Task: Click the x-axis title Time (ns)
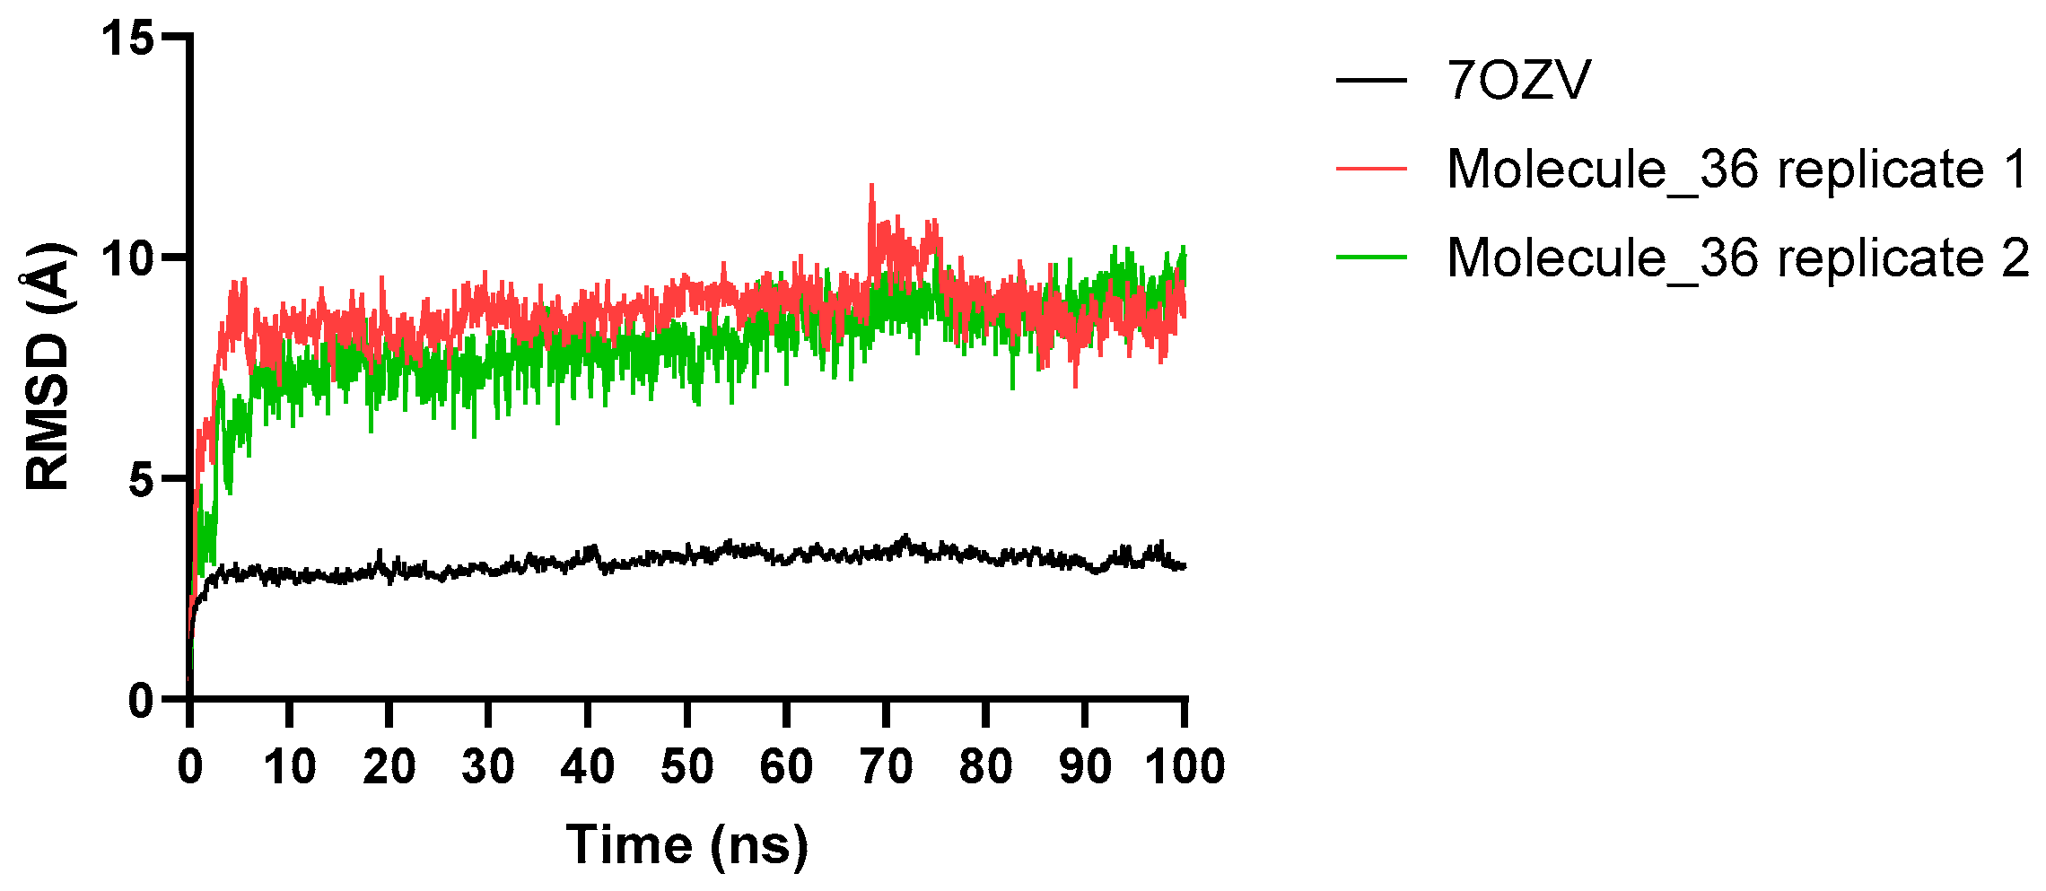[686, 846]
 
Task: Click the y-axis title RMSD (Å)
[47, 367]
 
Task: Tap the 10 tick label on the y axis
[127, 258]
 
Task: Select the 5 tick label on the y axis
[141, 480]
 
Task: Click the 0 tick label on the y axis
[141, 701]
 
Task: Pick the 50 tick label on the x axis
[687, 767]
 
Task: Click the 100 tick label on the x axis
[1185, 767]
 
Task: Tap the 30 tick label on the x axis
[488, 767]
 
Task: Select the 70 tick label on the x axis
[887, 767]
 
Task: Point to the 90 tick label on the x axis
[1086, 767]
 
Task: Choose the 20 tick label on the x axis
[389, 767]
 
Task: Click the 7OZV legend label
[1518, 81]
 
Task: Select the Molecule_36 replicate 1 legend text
[1738, 169]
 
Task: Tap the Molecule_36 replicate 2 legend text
[1738, 258]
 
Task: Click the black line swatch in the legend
[1371, 81]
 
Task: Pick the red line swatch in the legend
[1371, 169]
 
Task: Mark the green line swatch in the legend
[1371, 258]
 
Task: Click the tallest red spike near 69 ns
[871, 186]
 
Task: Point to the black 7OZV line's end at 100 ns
[1185, 566]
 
